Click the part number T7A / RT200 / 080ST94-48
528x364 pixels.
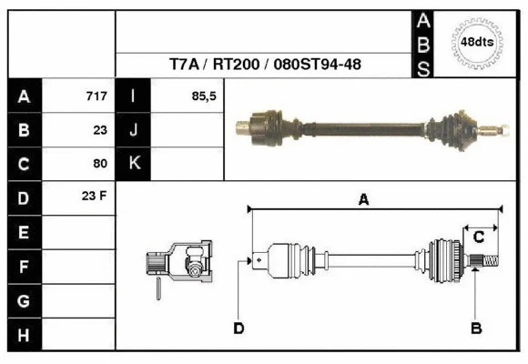[264, 66]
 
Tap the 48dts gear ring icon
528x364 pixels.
[476, 43]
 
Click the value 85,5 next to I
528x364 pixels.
[204, 96]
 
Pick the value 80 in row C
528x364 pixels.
[100, 164]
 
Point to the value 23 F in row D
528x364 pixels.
[95, 197]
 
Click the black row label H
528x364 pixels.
[25, 335]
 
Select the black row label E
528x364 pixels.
[25, 233]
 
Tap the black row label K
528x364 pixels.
[134, 164]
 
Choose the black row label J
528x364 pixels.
[134, 130]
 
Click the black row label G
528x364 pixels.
[25, 301]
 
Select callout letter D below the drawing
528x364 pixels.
[239, 329]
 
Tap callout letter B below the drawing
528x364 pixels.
[475, 329]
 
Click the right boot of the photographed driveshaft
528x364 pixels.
[454, 126]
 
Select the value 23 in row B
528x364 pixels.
[100, 130]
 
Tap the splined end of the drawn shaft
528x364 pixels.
[488, 263]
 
